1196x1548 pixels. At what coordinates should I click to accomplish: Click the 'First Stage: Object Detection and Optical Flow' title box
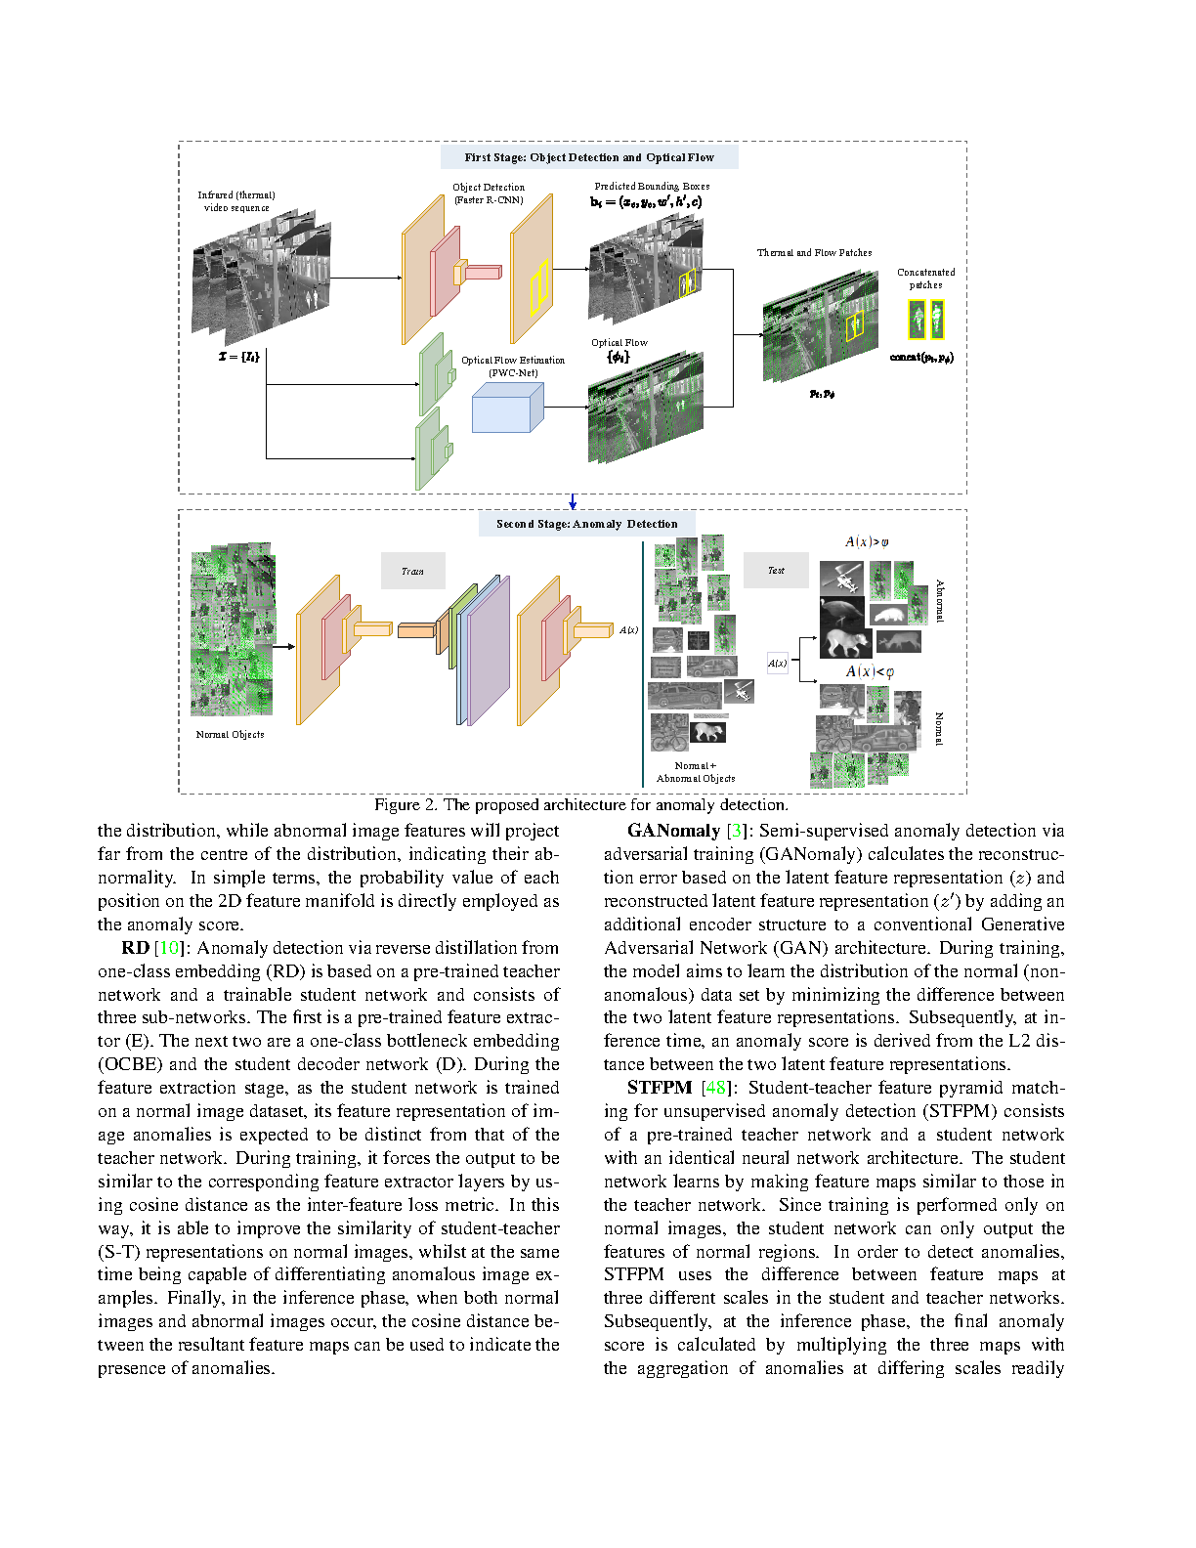click(x=588, y=157)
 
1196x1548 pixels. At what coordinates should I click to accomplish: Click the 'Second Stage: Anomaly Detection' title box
click(x=586, y=524)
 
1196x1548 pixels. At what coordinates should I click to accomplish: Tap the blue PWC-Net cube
click(x=506, y=408)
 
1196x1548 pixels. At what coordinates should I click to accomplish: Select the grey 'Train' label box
click(x=412, y=571)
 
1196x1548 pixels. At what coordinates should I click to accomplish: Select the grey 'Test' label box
click(x=776, y=570)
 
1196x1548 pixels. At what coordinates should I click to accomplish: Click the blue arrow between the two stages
click(x=573, y=501)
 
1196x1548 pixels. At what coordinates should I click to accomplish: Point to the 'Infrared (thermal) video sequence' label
click(x=236, y=201)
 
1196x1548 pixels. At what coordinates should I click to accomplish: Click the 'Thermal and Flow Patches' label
click(x=814, y=253)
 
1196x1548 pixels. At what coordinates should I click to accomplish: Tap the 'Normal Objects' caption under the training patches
click(x=230, y=734)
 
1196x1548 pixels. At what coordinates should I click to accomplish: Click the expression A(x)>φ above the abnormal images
click(x=867, y=542)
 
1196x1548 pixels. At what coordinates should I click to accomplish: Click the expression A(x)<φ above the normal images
click(x=870, y=671)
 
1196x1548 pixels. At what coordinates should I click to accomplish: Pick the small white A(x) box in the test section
click(x=777, y=664)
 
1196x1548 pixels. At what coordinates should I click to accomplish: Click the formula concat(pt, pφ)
click(x=920, y=358)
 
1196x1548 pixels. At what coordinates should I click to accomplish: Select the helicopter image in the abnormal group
click(x=841, y=578)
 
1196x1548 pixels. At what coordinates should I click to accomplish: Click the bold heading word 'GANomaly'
click(x=673, y=831)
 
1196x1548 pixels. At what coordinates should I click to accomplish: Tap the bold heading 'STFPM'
click(x=660, y=1088)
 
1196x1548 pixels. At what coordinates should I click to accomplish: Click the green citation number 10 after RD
click(x=169, y=948)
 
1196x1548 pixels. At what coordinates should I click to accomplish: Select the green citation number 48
click(x=716, y=1088)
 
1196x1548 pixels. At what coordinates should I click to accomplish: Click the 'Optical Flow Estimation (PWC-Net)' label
click(x=513, y=366)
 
